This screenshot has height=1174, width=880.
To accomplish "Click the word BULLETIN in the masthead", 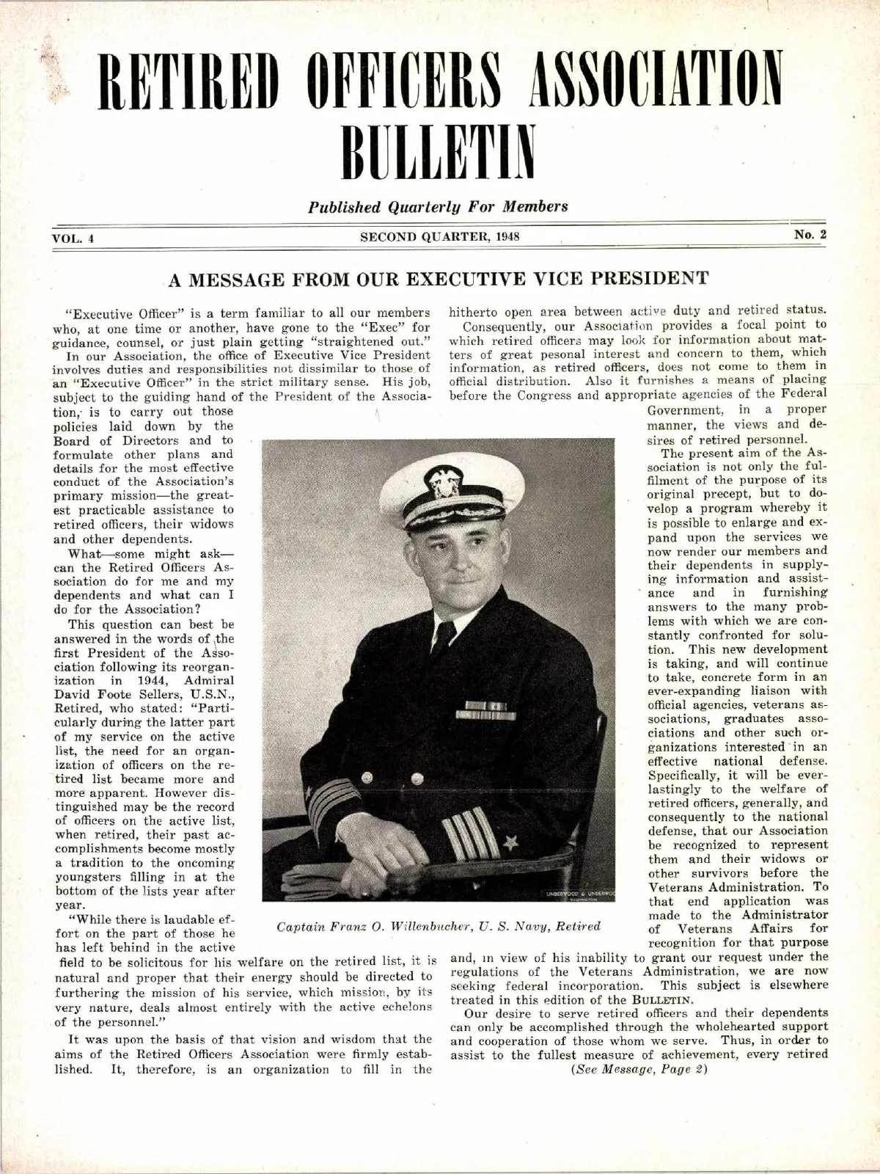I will (x=439, y=151).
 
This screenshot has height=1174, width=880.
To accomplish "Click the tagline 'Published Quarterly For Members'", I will (x=439, y=206).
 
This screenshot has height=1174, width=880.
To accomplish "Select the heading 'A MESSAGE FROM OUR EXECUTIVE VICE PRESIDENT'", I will (x=439, y=278).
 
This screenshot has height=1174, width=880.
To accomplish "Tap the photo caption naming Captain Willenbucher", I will (x=439, y=926).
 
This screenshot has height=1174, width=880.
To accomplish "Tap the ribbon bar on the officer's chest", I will (x=486, y=710).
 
